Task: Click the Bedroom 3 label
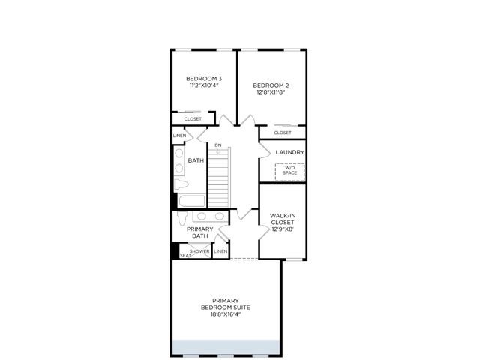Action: coord(204,79)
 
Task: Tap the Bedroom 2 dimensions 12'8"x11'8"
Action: coord(271,92)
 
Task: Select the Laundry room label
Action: coord(290,152)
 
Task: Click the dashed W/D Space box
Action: coord(290,172)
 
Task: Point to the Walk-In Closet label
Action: coord(283,219)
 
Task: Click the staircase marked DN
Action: coord(219,178)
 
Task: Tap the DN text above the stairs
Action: coord(218,145)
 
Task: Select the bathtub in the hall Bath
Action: coord(192,202)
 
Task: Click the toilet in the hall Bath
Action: coord(181,184)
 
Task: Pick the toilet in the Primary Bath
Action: coord(182,217)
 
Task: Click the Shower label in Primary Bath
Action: coord(199,251)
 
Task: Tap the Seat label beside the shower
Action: coord(185,256)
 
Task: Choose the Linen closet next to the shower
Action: coord(220,251)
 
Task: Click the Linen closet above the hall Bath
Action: coord(179,136)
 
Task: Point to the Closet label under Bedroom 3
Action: coord(193,119)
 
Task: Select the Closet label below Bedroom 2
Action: coord(283,133)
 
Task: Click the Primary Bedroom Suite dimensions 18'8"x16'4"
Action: coord(226,314)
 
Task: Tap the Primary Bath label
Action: coord(200,232)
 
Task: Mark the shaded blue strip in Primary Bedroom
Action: coord(226,348)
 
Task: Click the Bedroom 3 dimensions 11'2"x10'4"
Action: coord(204,85)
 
